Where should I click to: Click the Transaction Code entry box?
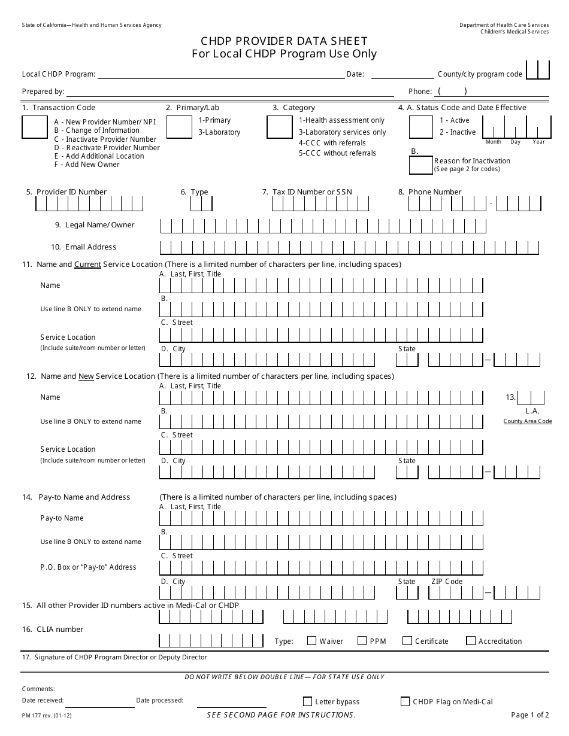pyautogui.click(x=34, y=127)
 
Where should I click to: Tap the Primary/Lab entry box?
pyautogui.click(x=178, y=127)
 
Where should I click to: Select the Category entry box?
pyautogui.click(x=279, y=127)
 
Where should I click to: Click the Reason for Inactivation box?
pyautogui.click(x=420, y=165)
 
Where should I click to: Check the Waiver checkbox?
pyautogui.click(x=311, y=641)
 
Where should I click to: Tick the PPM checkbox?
pyautogui.click(x=362, y=641)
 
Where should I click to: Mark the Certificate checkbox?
pyautogui.click(x=407, y=641)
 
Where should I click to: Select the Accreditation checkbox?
pyautogui.click(x=471, y=641)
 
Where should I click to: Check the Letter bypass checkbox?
pyautogui.click(x=308, y=701)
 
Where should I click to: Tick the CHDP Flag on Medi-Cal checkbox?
pyautogui.click(x=405, y=701)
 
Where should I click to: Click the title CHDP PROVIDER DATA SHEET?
pyautogui.click(x=284, y=41)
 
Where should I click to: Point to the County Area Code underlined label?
pyautogui.click(x=527, y=421)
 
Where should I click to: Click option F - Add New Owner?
pyautogui.click(x=87, y=165)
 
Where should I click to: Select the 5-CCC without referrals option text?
pyautogui.click(x=337, y=153)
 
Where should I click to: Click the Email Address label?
pyautogui.click(x=90, y=247)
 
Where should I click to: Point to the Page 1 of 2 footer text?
pyautogui.click(x=529, y=715)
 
